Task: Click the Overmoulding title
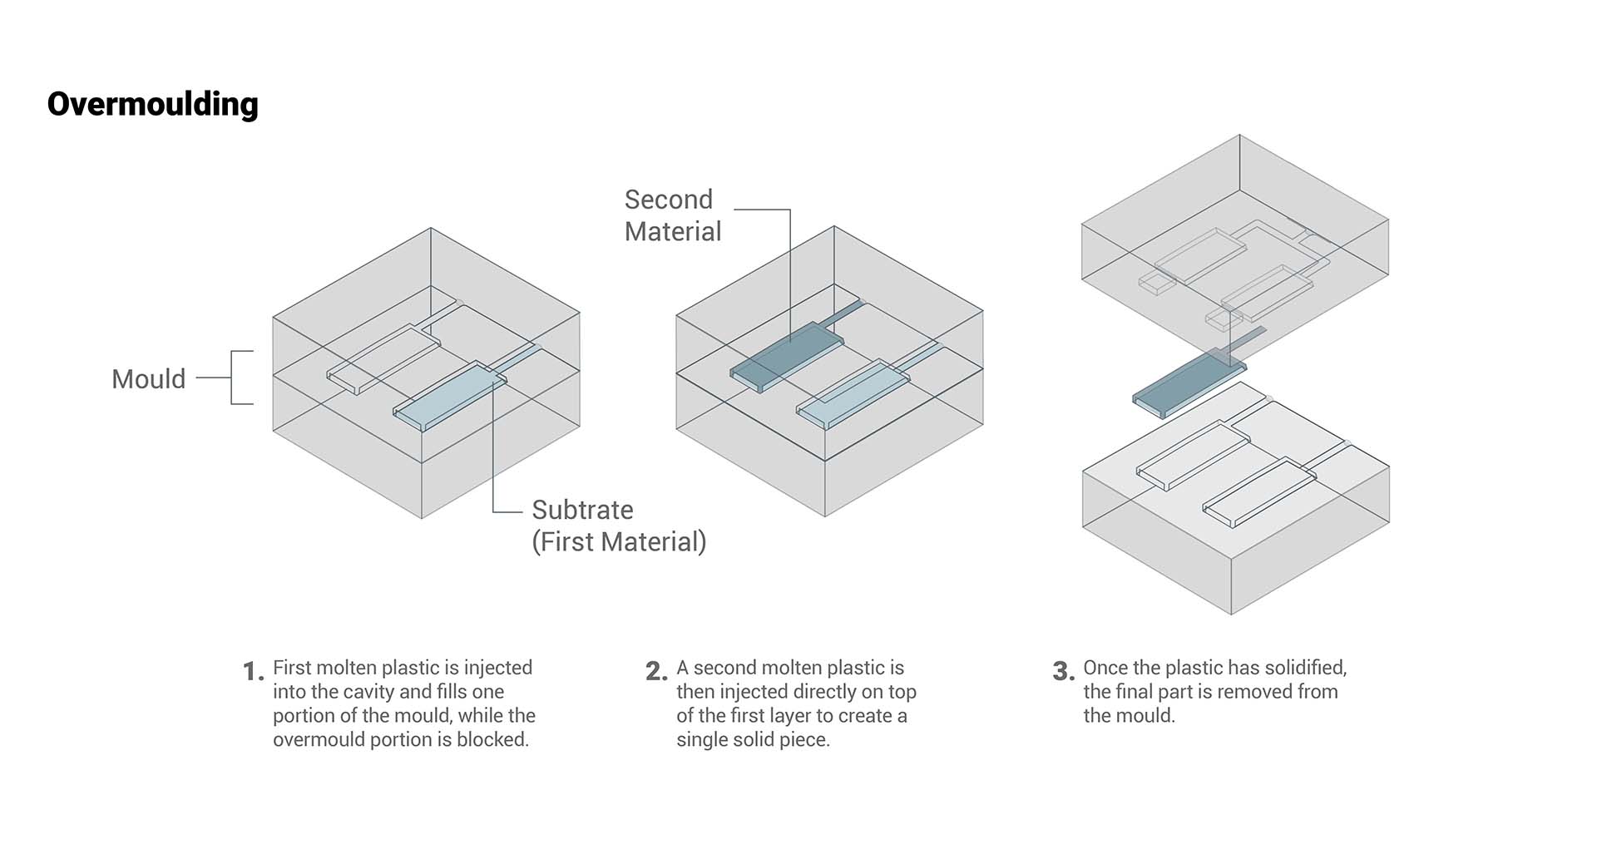point(152,105)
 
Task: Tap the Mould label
point(148,379)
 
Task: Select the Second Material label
point(672,215)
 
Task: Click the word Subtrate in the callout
point(582,510)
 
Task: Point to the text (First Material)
point(619,542)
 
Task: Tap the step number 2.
point(655,671)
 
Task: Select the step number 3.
point(1062,671)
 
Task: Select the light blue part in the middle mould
point(853,395)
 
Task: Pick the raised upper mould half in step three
point(1234,249)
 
